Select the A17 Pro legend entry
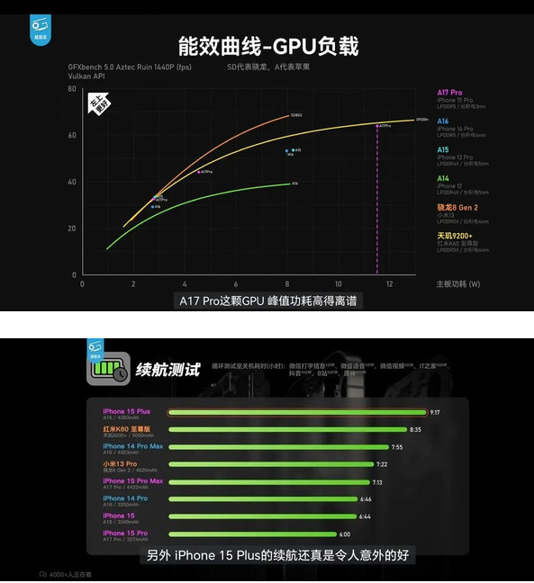449,92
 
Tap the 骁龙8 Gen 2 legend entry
457,206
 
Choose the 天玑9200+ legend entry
455,235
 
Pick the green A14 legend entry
443,178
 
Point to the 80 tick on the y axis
72,89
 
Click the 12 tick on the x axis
389,283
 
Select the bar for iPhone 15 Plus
297,413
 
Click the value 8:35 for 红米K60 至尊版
415,430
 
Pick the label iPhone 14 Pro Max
133,446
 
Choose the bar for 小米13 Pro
270,464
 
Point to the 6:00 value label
345,534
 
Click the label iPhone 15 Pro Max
133,480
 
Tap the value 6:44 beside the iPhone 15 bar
365,516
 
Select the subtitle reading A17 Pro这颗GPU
267,300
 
